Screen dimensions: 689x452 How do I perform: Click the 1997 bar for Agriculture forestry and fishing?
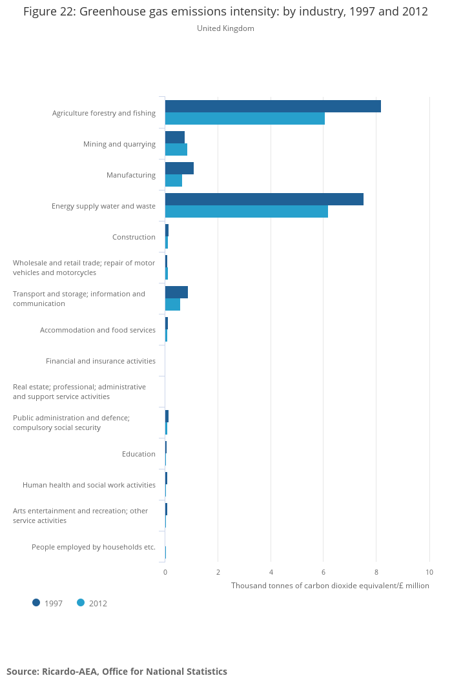272,107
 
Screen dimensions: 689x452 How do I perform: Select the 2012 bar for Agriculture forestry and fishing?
245,119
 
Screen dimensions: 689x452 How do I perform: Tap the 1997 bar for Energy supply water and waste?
264,200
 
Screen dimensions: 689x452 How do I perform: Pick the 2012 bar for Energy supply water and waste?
246,212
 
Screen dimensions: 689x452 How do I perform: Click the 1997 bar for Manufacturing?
179,169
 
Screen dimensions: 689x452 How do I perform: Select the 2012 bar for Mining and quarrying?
176,150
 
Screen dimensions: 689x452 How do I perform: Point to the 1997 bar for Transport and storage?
176,293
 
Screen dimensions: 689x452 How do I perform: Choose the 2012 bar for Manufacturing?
173,181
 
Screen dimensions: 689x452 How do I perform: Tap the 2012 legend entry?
92,603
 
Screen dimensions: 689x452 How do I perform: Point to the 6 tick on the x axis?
324,572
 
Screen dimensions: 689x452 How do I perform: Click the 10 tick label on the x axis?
429,572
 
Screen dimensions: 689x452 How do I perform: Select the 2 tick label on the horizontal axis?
218,572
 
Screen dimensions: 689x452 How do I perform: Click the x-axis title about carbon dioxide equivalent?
330,586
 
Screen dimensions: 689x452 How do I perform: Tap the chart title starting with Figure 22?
225,12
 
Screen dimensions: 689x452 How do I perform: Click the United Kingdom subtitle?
225,28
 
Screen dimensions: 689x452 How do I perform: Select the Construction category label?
134,237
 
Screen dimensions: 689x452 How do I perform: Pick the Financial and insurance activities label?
101,361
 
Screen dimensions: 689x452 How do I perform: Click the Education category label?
139,454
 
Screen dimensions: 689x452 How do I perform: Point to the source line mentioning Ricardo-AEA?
117,672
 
